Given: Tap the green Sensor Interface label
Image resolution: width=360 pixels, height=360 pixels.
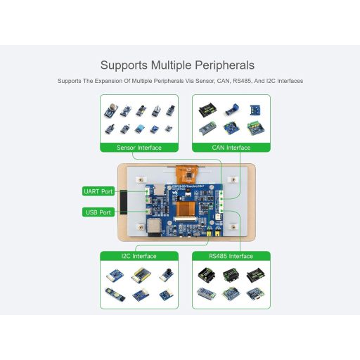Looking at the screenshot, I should pyautogui.click(x=139, y=148).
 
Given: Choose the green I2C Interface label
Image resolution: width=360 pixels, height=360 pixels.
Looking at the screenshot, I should pyautogui.click(x=139, y=256).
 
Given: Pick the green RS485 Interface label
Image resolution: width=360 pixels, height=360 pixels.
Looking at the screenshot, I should pyautogui.click(x=230, y=256).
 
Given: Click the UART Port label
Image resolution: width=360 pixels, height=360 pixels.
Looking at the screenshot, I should pyautogui.click(x=97, y=191).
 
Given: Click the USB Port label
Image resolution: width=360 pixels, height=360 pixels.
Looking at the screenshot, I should pyautogui.click(x=97, y=212).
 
